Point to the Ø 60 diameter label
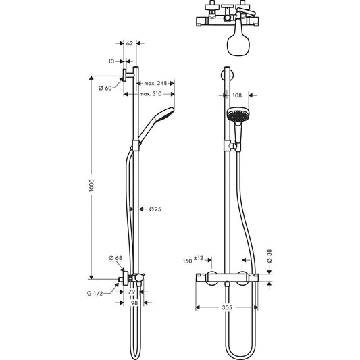(x=105, y=88)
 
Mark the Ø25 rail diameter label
(x=154, y=209)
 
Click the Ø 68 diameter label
(x=115, y=258)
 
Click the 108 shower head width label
(x=237, y=95)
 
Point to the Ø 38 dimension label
(x=269, y=256)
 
